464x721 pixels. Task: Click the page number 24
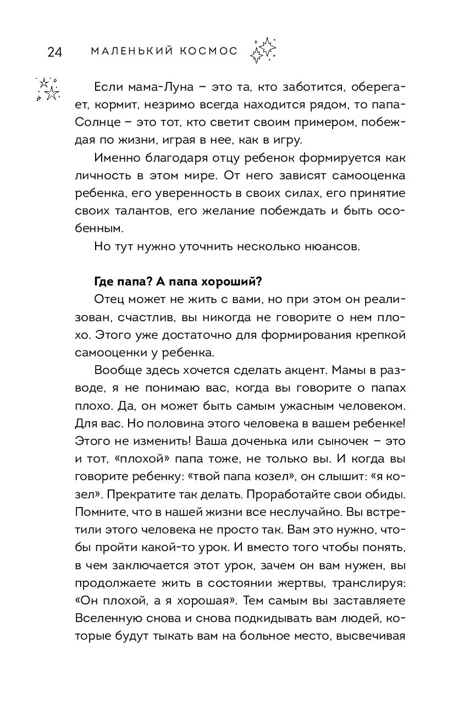55,52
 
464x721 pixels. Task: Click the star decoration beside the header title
263,50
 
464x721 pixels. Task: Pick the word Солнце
94,123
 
